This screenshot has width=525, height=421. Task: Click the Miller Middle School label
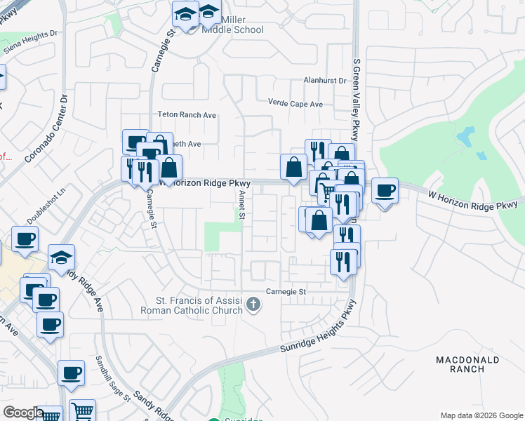(232, 25)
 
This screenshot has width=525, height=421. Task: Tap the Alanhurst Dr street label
(325, 81)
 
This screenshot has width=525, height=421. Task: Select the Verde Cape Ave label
(295, 104)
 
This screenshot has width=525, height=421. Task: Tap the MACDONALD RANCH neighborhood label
(467, 364)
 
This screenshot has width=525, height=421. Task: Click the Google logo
(24, 413)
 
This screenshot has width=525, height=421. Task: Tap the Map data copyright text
(481, 415)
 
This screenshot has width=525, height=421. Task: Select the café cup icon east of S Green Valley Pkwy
(385, 191)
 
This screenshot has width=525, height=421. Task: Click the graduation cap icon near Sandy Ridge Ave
(62, 258)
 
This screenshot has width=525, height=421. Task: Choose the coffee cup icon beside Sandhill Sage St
(70, 373)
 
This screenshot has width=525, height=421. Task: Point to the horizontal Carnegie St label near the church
(286, 291)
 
